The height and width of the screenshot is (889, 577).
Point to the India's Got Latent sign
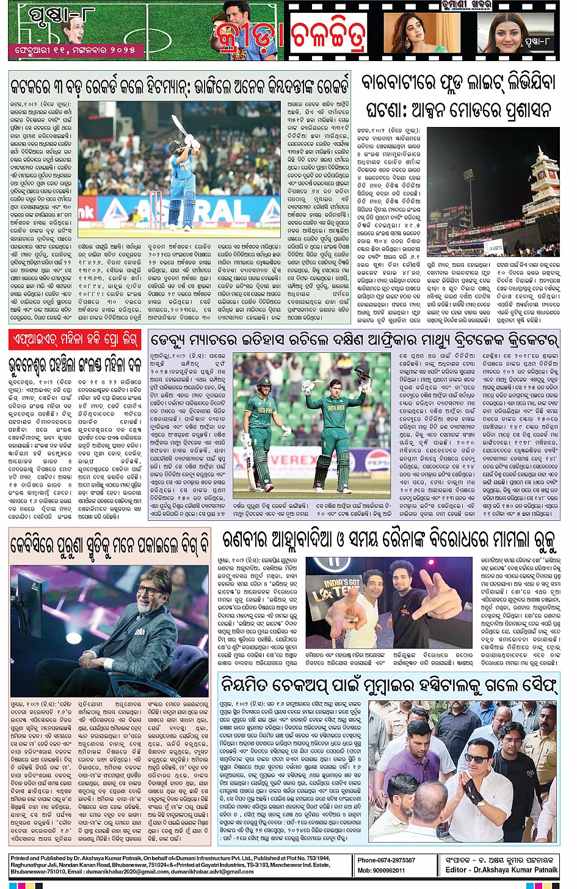(x=333, y=590)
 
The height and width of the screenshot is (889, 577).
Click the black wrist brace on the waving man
(x=476, y=787)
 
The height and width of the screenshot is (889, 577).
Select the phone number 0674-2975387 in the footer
(x=386, y=860)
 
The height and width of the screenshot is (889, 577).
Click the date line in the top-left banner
(x=76, y=49)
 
